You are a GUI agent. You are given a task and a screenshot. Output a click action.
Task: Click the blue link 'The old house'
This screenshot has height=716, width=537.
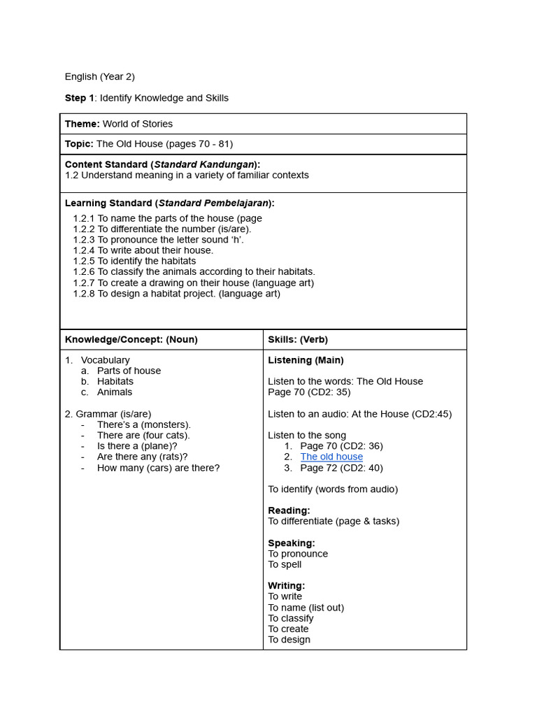click(331, 457)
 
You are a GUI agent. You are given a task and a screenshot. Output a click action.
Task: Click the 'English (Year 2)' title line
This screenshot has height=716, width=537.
click(99, 76)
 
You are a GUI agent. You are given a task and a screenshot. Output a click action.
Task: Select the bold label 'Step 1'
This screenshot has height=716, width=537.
click(79, 98)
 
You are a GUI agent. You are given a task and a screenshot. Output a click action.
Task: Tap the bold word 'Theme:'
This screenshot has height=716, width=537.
click(83, 124)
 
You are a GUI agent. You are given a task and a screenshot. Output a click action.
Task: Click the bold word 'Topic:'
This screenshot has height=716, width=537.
click(79, 144)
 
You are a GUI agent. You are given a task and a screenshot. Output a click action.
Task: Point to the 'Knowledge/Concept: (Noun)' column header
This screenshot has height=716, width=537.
click(131, 340)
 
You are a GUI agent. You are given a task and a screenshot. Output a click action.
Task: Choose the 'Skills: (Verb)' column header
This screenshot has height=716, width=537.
click(298, 340)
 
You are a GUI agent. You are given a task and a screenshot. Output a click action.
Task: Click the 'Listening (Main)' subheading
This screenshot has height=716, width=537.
click(306, 360)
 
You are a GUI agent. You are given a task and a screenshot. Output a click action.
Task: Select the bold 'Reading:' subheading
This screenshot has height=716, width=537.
click(289, 510)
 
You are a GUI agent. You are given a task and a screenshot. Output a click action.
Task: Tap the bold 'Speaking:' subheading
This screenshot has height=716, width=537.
click(292, 543)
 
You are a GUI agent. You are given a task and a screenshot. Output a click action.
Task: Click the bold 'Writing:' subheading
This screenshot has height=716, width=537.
click(286, 585)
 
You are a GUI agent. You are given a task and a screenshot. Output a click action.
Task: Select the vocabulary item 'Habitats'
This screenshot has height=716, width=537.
click(115, 382)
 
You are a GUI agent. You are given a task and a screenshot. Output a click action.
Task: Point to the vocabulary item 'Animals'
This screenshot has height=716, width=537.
click(115, 392)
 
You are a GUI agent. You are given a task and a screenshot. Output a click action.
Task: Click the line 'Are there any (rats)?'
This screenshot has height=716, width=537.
click(143, 457)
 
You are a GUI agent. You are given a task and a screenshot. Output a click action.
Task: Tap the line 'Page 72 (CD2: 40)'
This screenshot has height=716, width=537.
click(341, 468)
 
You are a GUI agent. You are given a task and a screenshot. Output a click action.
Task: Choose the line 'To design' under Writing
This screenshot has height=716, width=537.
click(289, 639)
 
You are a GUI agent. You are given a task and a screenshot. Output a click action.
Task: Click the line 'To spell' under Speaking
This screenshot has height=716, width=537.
click(285, 564)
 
